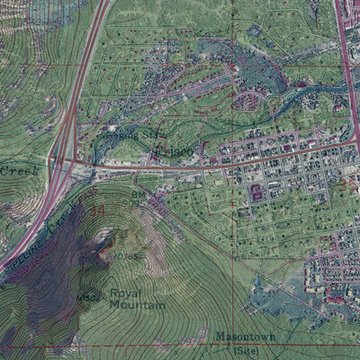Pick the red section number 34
point(97,211)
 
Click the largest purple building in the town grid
point(256,192)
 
